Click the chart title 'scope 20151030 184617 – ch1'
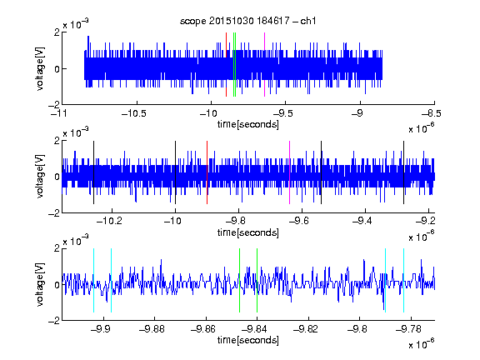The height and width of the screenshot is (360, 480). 247,21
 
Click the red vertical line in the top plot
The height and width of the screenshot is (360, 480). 226,65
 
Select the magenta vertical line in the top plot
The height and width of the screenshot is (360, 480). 264,65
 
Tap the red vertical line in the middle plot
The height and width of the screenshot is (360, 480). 207,172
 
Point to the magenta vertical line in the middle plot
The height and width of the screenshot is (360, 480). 290,172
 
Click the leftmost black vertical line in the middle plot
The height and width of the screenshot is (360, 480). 93,172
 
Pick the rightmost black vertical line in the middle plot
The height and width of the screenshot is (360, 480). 404,172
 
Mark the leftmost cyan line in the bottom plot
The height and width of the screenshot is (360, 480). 93,280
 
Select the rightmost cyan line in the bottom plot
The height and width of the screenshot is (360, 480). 404,280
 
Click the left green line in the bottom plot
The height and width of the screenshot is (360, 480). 239,280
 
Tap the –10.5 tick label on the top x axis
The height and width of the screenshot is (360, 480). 134,113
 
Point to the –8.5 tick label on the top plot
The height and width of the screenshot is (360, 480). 432,113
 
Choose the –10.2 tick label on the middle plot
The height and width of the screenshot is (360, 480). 109,221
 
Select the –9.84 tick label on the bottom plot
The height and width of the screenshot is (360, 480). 254,329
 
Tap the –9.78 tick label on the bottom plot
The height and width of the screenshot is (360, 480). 408,329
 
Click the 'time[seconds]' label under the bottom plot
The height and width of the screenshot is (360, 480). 248,340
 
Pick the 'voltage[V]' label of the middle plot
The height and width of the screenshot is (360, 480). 40,177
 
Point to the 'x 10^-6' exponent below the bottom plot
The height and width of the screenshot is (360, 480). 422,343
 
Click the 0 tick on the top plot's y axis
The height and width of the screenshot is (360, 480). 57,69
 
